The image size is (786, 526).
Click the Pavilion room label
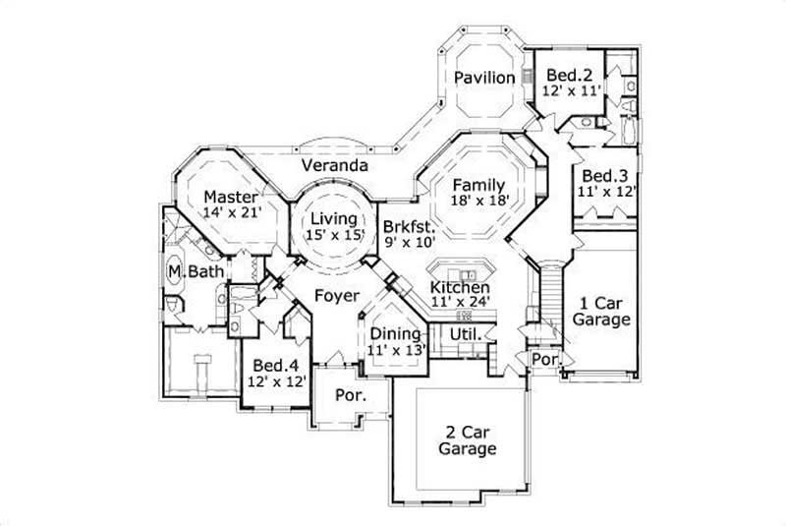click(484, 78)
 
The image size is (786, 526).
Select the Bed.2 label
click(568, 75)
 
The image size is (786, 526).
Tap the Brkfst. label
click(408, 223)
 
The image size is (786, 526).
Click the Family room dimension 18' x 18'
click(478, 201)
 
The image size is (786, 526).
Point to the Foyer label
click(335, 295)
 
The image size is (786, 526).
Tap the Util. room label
click(464, 334)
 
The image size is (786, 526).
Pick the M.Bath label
click(191, 271)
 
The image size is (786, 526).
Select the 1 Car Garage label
click(601, 311)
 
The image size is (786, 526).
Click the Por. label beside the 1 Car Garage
click(545, 361)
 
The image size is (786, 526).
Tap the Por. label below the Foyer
click(349, 396)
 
